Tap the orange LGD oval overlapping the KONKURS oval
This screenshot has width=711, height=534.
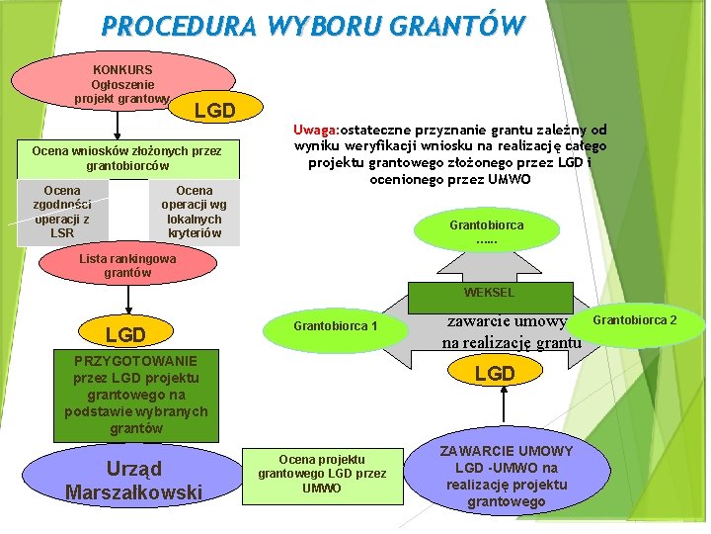click(214, 110)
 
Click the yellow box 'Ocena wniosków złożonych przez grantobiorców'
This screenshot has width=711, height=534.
click(126, 158)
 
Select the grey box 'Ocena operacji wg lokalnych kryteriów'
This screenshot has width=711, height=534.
click(195, 212)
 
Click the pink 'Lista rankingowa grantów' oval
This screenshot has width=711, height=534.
click(127, 265)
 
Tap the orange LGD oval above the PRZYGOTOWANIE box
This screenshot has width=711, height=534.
click(125, 335)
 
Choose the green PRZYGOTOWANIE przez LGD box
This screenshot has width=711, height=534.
click(136, 395)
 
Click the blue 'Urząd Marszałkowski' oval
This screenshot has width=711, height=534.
click(133, 480)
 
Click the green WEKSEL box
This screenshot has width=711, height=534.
click(490, 293)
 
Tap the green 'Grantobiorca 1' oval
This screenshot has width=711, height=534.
click(336, 326)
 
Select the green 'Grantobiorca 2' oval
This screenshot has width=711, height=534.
click(635, 320)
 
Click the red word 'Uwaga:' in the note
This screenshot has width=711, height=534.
click(316, 130)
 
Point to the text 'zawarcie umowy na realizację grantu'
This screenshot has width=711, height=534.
click(511, 332)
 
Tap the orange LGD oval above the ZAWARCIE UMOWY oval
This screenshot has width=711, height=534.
click(495, 373)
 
